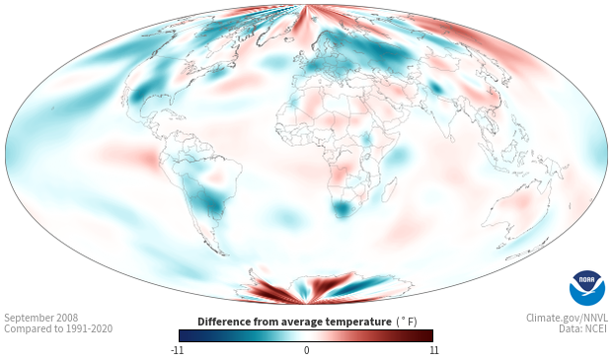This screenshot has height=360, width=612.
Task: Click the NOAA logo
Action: [587, 288]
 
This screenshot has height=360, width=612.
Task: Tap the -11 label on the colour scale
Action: [177, 350]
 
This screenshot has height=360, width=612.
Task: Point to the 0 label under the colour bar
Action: [306, 350]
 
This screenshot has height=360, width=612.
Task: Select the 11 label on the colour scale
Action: [433, 350]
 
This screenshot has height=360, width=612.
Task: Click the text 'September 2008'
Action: [41, 318]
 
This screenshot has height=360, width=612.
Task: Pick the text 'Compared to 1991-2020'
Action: [58, 328]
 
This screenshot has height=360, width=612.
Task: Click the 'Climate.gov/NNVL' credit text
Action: [568, 318]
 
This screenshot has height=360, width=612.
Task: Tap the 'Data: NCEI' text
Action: [583, 328]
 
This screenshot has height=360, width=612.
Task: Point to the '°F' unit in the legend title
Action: [407, 322]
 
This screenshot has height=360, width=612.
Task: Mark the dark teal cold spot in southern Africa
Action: [342, 209]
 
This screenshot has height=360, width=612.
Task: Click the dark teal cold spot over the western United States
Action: [139, 94]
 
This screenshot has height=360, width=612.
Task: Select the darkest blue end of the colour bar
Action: [183, 335]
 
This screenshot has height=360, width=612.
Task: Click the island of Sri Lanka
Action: [451, 138]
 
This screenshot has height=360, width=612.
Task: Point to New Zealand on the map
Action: [524, 250]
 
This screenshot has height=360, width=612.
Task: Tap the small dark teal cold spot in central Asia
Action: [435, 88]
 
